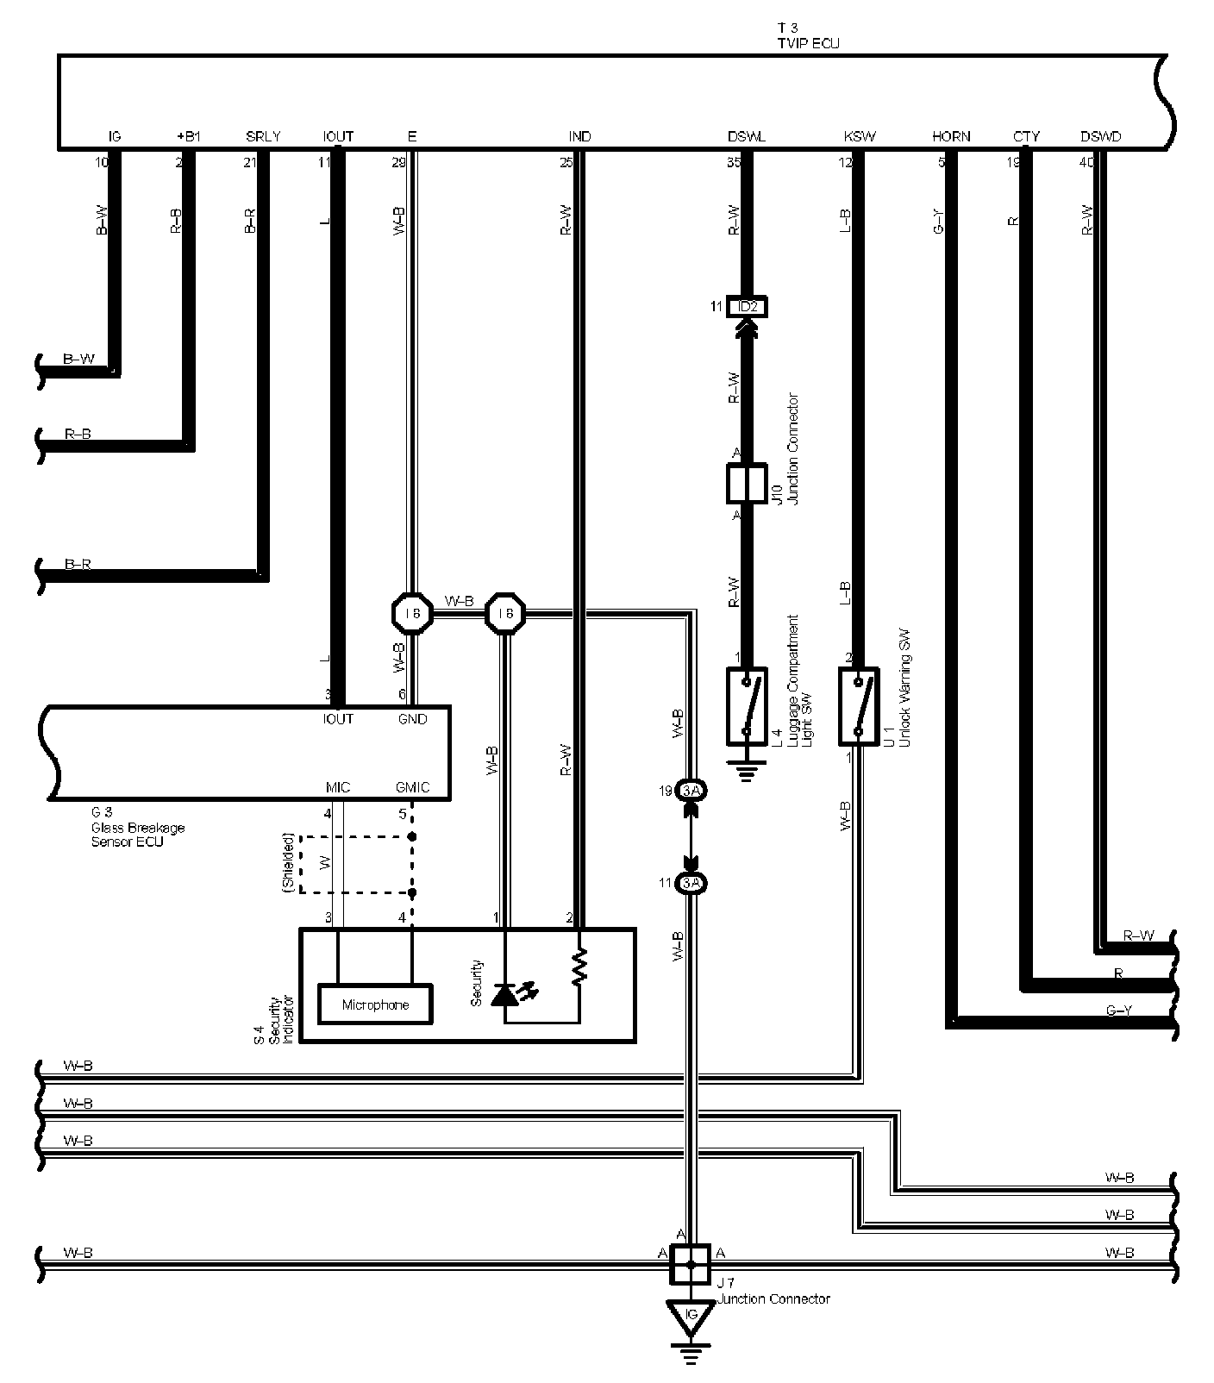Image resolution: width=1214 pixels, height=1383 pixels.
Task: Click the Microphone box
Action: pos(375,1004)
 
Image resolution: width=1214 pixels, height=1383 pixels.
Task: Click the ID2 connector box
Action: pos(747,306)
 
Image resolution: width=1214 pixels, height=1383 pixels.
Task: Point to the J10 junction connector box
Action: pos(747,484)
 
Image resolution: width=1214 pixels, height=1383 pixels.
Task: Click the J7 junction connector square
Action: pos(690,1265)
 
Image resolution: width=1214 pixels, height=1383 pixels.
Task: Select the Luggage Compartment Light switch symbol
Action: pos(748,705)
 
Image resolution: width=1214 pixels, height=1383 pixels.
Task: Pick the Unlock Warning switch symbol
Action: pos(858,705)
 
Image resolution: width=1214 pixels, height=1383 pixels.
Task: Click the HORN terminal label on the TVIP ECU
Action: pos(951,136)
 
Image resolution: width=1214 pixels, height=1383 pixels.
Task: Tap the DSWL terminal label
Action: pos(746,136)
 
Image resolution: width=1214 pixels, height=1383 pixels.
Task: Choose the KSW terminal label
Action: pos(860,136)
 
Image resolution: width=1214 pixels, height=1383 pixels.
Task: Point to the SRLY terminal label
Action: pos(263,136)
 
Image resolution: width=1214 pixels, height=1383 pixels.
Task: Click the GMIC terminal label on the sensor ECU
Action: pos(412,788)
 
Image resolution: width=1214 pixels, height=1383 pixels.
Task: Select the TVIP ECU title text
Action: pos(808,42)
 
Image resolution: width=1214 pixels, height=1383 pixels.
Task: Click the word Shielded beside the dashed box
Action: pos(289,863)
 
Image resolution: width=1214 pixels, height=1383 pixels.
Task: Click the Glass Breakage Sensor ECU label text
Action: pos(138,828)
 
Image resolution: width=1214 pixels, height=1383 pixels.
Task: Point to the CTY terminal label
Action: pos(1026,136)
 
